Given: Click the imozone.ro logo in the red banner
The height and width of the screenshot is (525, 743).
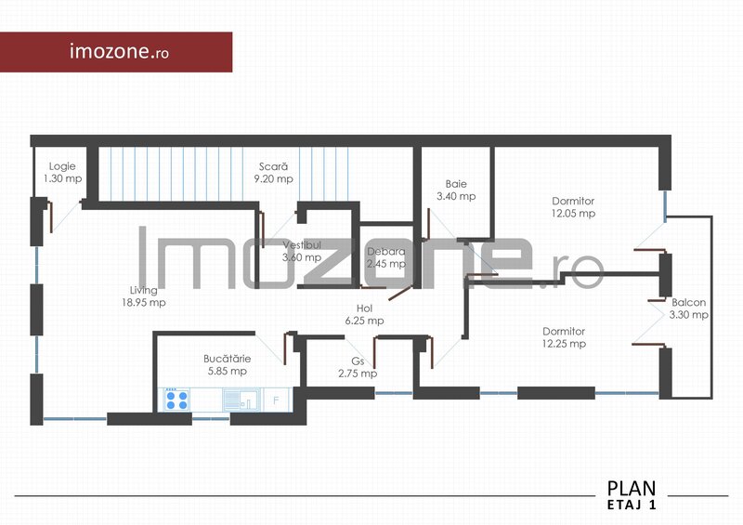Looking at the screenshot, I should tap(119, 51).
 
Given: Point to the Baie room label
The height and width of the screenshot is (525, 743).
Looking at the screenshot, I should tap(455, 184).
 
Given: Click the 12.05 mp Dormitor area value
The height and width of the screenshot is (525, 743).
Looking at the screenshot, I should tap(573, 213).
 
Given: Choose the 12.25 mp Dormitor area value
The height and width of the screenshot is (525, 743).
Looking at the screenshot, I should tap(564, 344).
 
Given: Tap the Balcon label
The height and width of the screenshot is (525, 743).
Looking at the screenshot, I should tap(688, 302).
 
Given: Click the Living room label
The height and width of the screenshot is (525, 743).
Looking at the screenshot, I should tap(143, 290).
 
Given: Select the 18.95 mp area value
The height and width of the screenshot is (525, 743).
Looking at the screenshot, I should tap(143, 302).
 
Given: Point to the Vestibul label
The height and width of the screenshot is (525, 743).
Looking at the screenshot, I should tap(302, 245).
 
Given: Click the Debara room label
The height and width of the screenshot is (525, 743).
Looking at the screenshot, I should tap(385, 252).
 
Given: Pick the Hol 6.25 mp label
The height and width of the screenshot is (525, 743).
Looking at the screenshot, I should tap(363, 314).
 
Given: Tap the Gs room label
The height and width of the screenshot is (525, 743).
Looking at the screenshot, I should tap(357, 361).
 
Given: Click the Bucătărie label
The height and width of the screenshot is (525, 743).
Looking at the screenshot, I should tap(227, 358).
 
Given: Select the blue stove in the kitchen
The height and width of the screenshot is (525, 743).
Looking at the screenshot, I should tap(176, 400).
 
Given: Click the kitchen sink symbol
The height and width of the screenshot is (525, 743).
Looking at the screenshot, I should tap(241, 400).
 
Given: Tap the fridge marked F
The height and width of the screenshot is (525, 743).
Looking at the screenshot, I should tap(277, 400).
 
